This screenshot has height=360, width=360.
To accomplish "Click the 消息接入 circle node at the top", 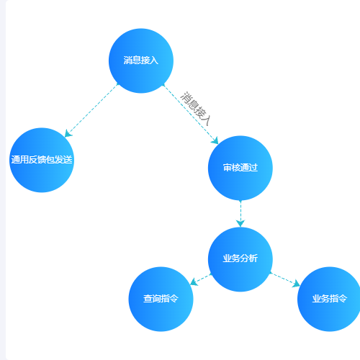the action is pyautogui.click(x=141, y=60).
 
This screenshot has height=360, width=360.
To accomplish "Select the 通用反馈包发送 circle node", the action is pyautogui.click(x=42, y=160).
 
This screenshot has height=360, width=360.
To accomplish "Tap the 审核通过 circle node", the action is pyautogui.click(x=240, y=168).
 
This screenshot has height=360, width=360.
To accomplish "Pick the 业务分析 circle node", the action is pyautogui.click(x=240, y=259).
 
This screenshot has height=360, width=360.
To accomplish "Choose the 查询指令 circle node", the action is pyautogui.click(x=161, y=299).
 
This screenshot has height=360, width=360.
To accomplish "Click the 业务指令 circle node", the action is pyautogui.click(x=329, y=299).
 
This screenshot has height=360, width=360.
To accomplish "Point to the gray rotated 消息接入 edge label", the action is pyautogui.click(x=196, y=109).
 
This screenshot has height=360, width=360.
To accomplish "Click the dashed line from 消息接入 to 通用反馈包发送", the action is pyautogui.click(x=91, y=110).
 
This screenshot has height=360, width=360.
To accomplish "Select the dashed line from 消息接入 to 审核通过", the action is pyautogui.click(x=191, y=114).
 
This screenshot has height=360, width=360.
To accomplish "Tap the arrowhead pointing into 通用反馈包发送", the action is pyautogui.click(x=68, y=133).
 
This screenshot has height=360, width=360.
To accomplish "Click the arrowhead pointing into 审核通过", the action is pyautogui.click(x=215, y=140).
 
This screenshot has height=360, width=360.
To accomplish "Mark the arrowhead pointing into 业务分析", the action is pyautogui.click(x=240, y=223).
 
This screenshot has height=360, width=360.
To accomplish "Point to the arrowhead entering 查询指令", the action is pyautogui.click(x=194, y=282).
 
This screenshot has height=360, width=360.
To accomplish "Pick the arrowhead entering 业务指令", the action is pyautogui.click(x=297, y=284).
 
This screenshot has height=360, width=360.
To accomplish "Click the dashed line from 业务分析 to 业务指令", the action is pyautogui.click(x=285, y=279).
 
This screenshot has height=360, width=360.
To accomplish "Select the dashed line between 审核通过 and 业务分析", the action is pyautogui.click(x=240, y=214).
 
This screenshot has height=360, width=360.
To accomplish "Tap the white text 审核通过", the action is pyautogui.click(x=240, y=168).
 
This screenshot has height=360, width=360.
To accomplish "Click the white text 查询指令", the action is pyautogui.click(x=161, y=299).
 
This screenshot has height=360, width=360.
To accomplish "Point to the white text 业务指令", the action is pyautogui.click(x=330, y=299).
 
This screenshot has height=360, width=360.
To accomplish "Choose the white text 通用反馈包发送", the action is pyautogui.click(x=42, y=160).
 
